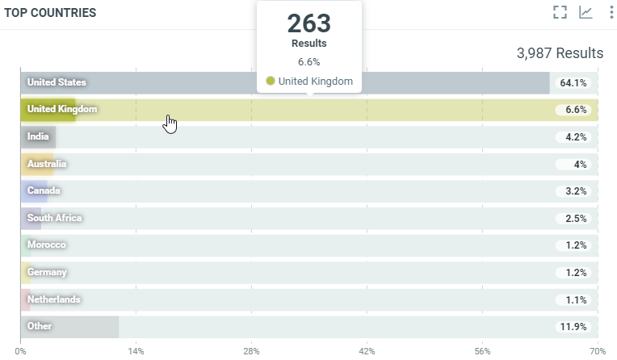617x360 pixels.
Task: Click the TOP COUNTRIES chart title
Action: [51, 13]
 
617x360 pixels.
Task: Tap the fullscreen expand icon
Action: [560, 12]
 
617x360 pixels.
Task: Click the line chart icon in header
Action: [586, 12]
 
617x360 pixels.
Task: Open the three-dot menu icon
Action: [607, 12]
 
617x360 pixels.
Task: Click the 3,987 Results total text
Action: [560, 53]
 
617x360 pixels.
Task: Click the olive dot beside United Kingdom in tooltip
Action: [271, 81]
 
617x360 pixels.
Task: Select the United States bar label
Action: [57, 82]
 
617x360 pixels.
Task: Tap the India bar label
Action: [38, 136]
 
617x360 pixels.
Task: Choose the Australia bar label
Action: [47, 164]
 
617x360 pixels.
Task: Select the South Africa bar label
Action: [54, 218]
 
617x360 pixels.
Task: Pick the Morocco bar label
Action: [47, 245]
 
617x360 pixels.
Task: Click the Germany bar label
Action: [47, 272]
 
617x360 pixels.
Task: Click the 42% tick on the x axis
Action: [367, 351]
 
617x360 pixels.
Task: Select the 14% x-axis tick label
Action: [136, 351]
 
